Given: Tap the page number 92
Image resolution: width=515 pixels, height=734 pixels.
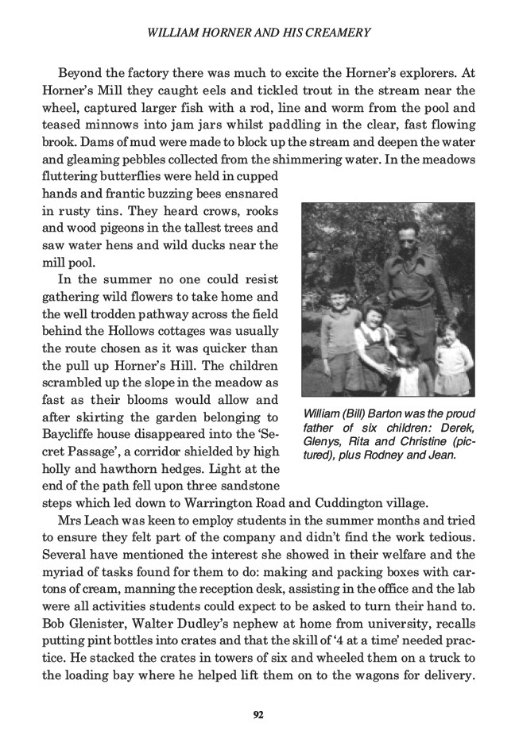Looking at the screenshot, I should [x=257, y=714].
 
